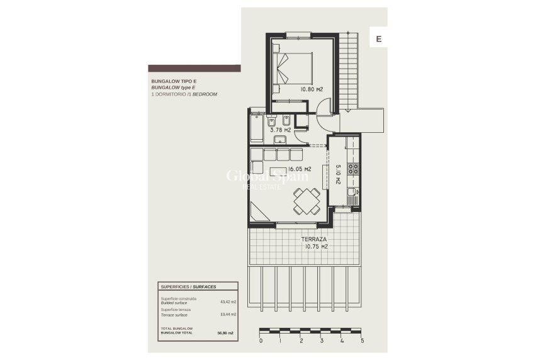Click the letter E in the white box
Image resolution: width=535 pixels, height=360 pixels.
tap(379, 39)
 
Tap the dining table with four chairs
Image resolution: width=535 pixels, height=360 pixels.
tap(307, 201)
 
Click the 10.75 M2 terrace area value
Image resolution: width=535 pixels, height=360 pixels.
tap(316, 247)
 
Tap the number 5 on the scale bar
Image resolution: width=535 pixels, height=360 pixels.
tap(362, 341)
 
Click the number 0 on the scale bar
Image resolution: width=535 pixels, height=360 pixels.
tap(261, 341)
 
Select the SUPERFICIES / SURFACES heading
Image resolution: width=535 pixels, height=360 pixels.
tap(188, 286)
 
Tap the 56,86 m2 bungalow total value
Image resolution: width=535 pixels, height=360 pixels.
tap(225, 333)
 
